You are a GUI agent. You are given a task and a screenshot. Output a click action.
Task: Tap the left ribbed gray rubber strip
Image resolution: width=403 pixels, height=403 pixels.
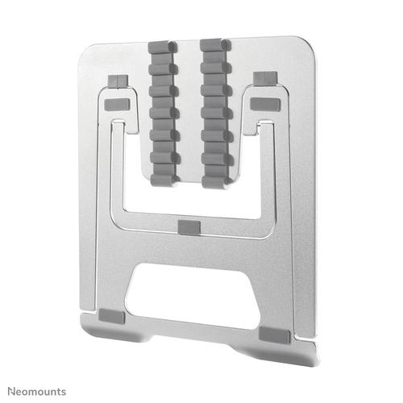point(160,113)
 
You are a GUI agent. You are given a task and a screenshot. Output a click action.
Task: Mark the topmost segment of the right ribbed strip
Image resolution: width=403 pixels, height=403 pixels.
point(210,43)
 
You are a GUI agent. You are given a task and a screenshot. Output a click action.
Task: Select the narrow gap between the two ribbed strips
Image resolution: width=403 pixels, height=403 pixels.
point(186,113)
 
